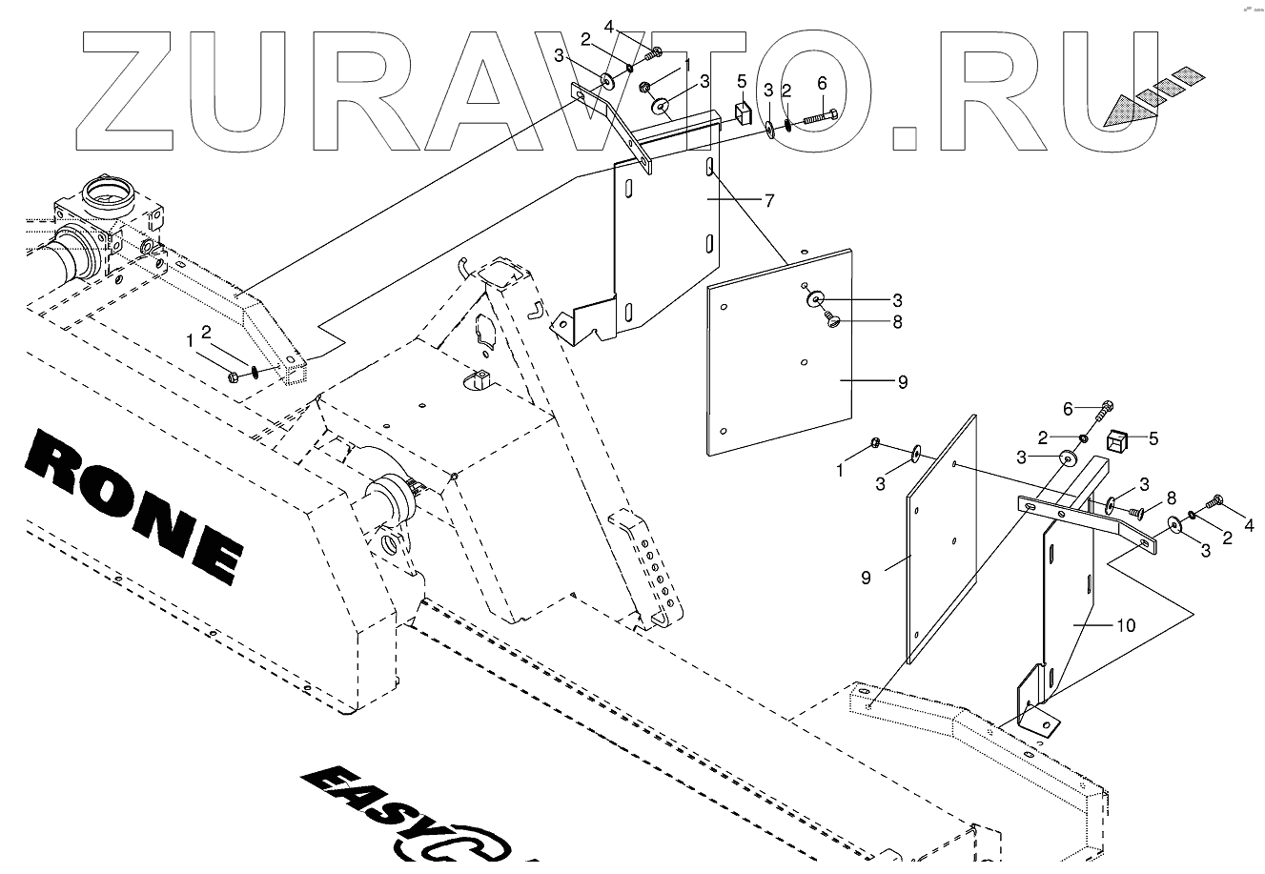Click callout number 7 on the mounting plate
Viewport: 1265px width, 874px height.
click(768, 200)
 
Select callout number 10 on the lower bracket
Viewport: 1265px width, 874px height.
click(1126, 625)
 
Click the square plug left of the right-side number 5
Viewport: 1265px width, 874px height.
click(1117, 440)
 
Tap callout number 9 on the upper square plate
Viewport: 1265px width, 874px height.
click(902, 381)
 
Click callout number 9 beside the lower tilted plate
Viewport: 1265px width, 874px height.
click(866, 578)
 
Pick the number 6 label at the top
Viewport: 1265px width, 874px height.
click(822, 84)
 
